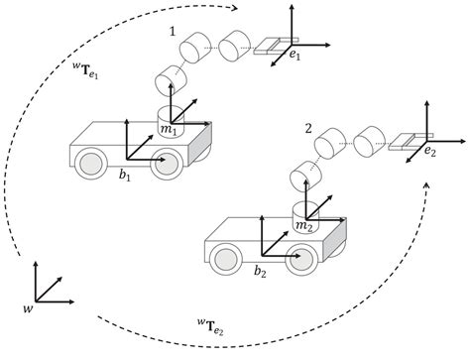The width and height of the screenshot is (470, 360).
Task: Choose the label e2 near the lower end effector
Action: (430, 152)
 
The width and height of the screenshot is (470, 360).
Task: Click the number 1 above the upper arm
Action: (173, 34)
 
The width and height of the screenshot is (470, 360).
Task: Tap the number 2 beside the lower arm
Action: (308, 128)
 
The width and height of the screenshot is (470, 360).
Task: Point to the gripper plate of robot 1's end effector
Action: (268, 47)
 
